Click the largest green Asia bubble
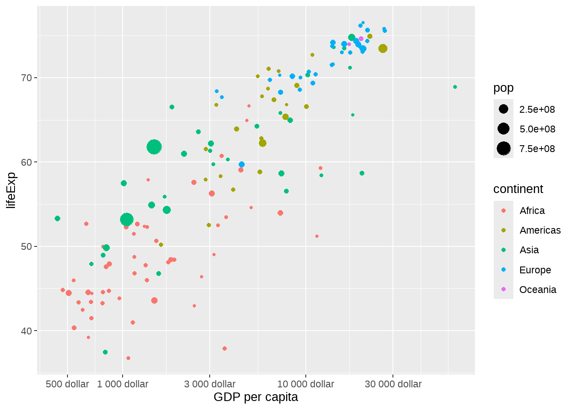[x=154, y=147]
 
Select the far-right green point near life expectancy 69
[x=455, y=87]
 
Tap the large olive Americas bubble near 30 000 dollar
[x=383, y=49]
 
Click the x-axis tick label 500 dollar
[x=67, y=384]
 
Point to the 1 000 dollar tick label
[x=123, y=384]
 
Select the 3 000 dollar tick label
[x=210, y=384]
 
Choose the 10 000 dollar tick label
[x=305, y=384]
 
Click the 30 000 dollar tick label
[x=393, y=384]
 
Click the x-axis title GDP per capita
[x=255, y=397]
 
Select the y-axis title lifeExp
[x=11, y=190]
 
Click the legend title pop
[x=503, y=88]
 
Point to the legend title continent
[x=518, y=189]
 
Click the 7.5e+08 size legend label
[x=537, y=149]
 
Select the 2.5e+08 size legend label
[x=537, y=109]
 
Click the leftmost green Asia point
[x=58, y=219]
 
